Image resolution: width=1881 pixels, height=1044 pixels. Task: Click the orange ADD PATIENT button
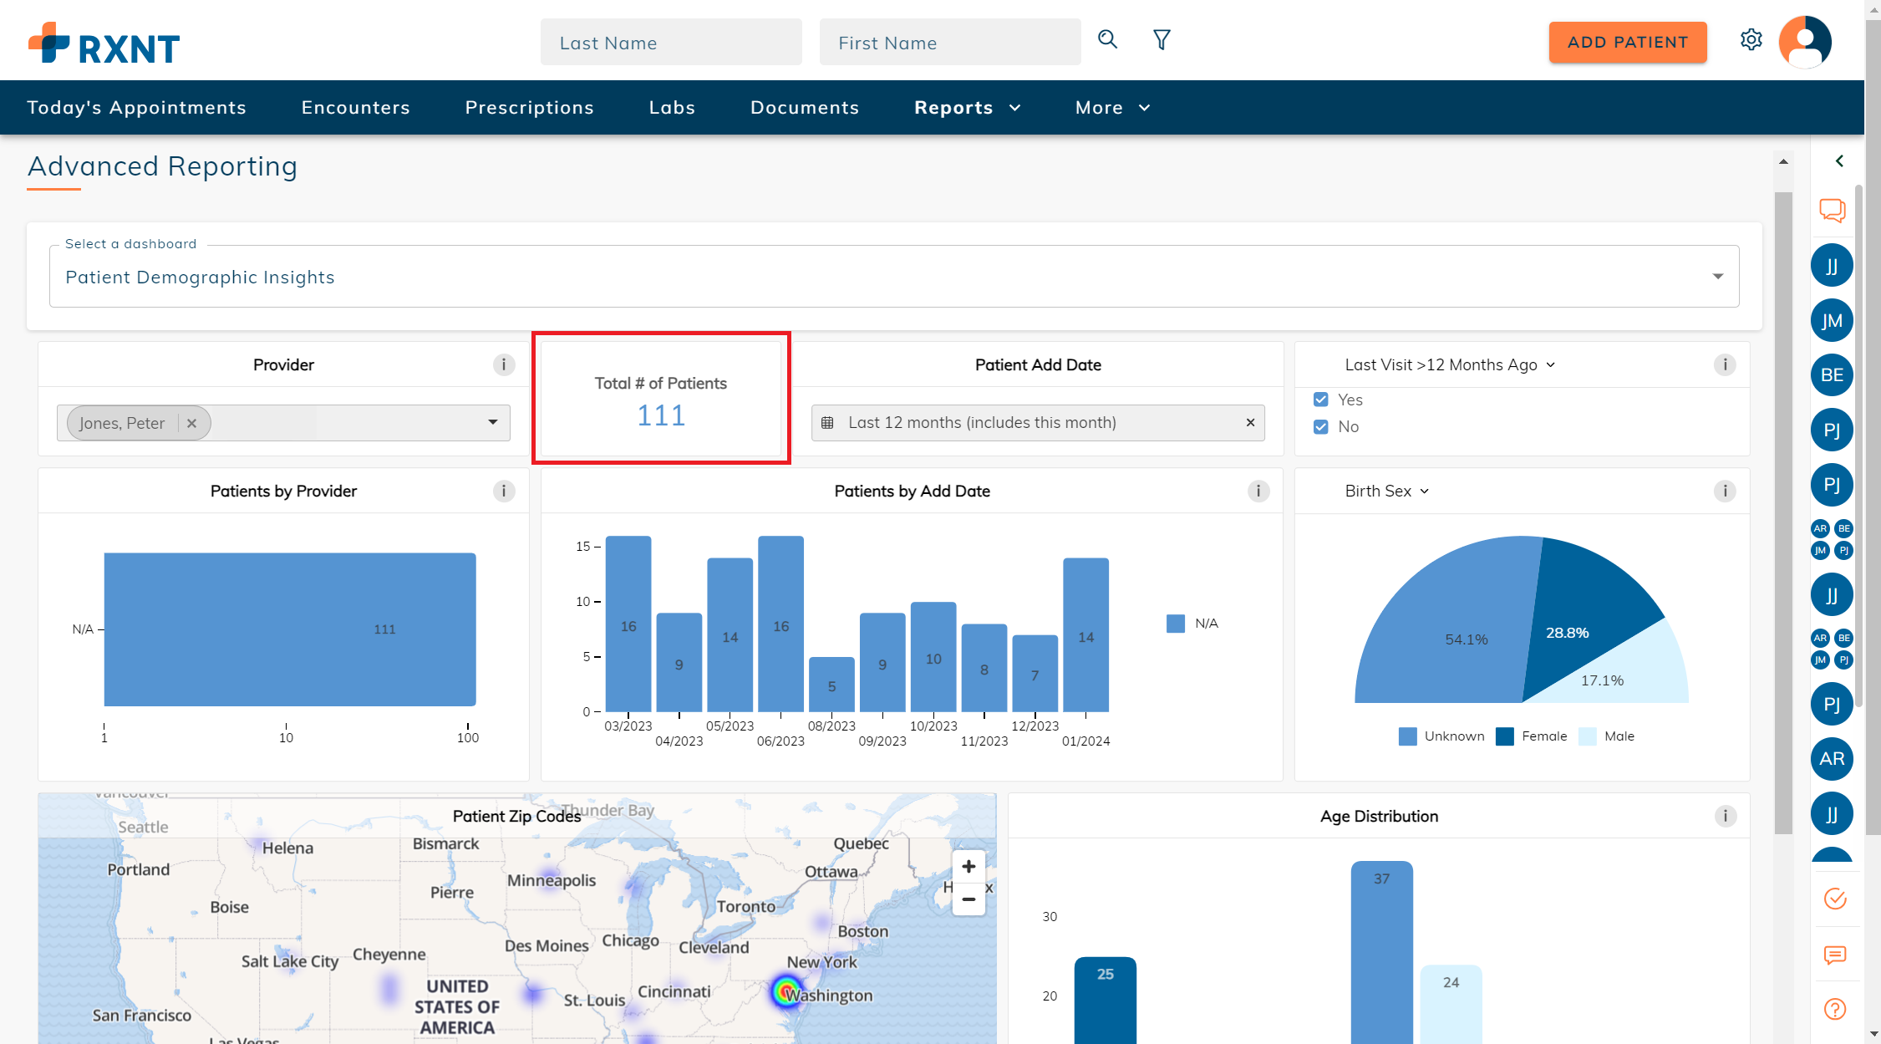(x=1627, y=43)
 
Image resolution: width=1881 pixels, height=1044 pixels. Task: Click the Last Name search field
(x=670, y=43)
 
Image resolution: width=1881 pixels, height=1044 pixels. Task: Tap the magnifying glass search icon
(x=1107, y=39)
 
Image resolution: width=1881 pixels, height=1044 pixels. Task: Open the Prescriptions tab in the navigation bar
(x=529, y=108)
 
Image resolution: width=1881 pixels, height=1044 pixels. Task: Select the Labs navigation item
(x=672, y=108)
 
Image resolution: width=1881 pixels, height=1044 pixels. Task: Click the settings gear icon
(x=1751, y=40)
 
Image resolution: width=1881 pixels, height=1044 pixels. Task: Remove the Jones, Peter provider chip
(x=192, y=423)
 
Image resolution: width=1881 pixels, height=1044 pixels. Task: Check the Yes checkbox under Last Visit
(x=1321, y=400)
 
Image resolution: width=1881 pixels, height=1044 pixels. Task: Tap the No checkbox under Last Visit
(x=1321, y=427)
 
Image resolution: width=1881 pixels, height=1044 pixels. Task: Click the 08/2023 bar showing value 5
(x=831, y=685)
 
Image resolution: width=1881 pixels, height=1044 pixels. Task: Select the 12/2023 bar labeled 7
(x=1035, y=673)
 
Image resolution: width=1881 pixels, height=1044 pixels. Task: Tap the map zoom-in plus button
(x=968, y=867)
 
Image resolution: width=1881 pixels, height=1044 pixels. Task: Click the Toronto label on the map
(x=746, y=906)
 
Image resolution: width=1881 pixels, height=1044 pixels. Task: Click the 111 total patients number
(x=661, y=415)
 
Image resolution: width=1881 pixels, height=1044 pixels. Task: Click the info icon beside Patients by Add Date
(x=1258, y=491)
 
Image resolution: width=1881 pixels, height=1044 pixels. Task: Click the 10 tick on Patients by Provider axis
(x=286, y=737)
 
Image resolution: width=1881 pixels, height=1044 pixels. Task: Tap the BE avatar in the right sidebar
(x=1832, y=375)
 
